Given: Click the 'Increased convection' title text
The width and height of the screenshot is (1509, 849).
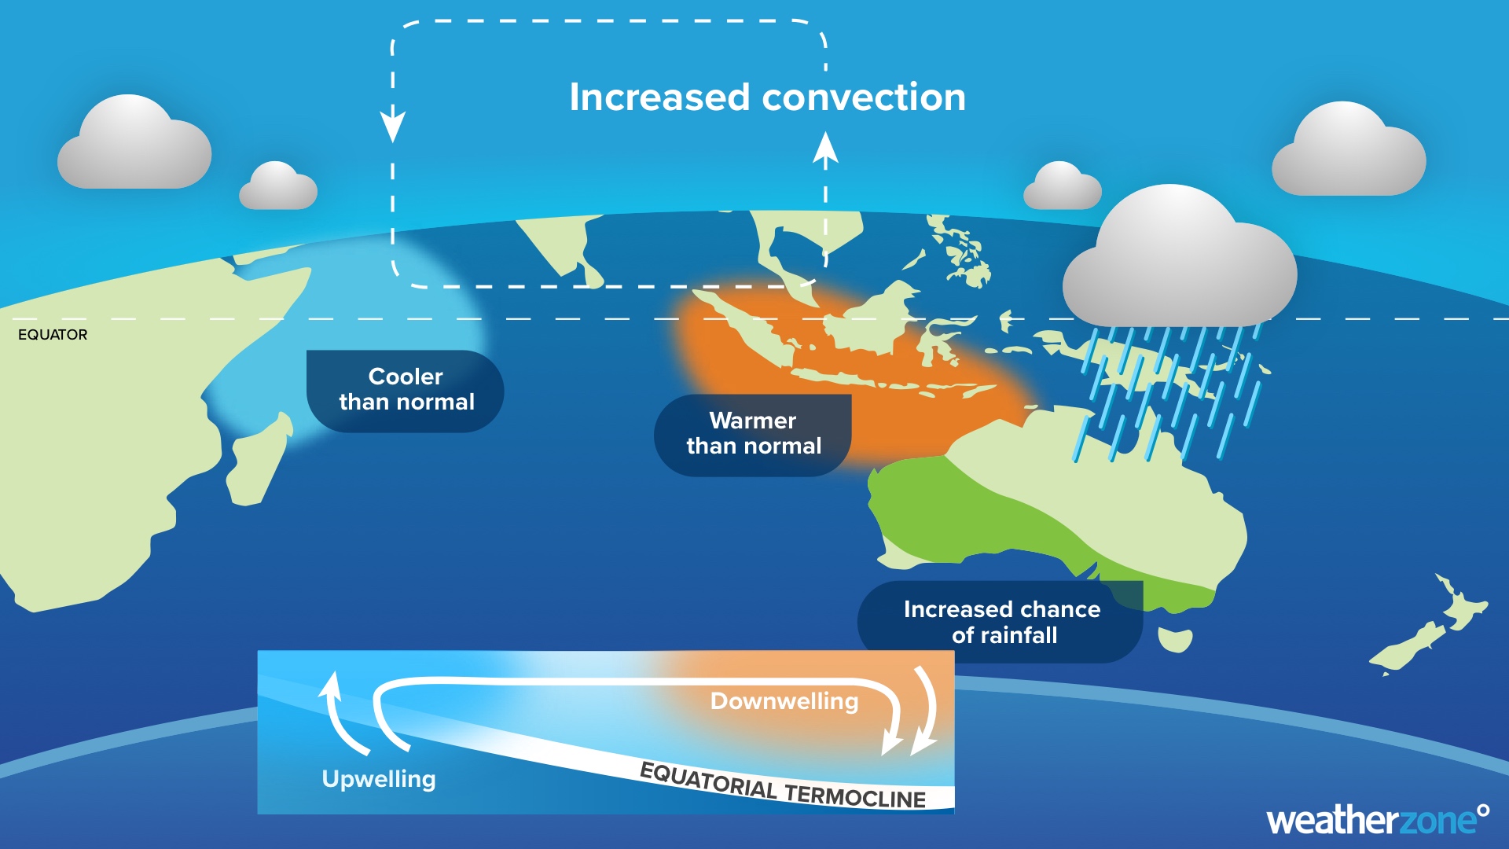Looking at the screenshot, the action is coord(767,97).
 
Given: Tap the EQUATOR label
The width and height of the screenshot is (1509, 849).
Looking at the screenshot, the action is coord(53,335).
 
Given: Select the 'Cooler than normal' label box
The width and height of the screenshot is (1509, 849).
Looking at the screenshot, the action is coord(405,391).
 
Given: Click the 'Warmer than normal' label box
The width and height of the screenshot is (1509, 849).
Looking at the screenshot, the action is coord(753,435).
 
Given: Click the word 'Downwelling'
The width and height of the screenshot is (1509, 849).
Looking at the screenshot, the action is coord(784,701).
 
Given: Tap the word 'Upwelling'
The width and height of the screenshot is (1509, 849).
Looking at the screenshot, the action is coord(379,779).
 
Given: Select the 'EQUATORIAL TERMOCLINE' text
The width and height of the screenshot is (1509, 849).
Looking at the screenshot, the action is coord(783,785).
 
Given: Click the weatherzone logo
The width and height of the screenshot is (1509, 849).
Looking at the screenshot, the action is coord(1378,820).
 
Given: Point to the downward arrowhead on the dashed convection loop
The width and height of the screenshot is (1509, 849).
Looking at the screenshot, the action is coord(392,126).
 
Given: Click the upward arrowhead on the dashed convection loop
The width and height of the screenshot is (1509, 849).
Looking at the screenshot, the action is coord(825,149).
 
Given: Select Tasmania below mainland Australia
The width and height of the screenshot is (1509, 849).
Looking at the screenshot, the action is coord(1176,640).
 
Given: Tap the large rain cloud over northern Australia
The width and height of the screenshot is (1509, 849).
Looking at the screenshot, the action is coord(1179,259).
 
